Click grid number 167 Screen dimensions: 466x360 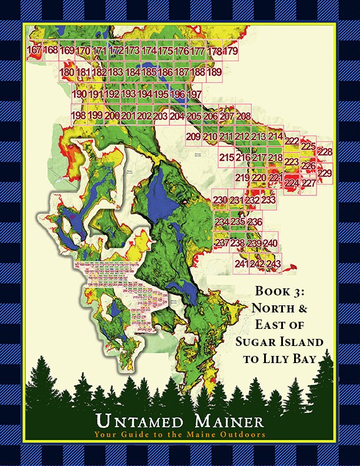[x=35, y=51]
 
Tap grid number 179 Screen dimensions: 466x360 [x=231, y=52]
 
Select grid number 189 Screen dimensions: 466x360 [x=215, y=72]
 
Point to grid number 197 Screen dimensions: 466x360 [x=194, y=94]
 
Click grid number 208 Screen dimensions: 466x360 [x=243, y=116]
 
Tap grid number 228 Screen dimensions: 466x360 [x=325, y=152]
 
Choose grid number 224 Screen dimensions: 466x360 [x=292, y=183]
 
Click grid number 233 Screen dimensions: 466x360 [x=268, y=201]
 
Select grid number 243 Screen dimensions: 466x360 [x=274, y=264]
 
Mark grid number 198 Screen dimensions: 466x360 [x=78, y=115]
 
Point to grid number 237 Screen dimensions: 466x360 [x=222, y=243]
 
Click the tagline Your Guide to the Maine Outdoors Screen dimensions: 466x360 [x=179, y=435]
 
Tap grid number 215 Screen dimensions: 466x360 [x=226, y=158]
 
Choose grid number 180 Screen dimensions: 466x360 [x=67, y=72]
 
